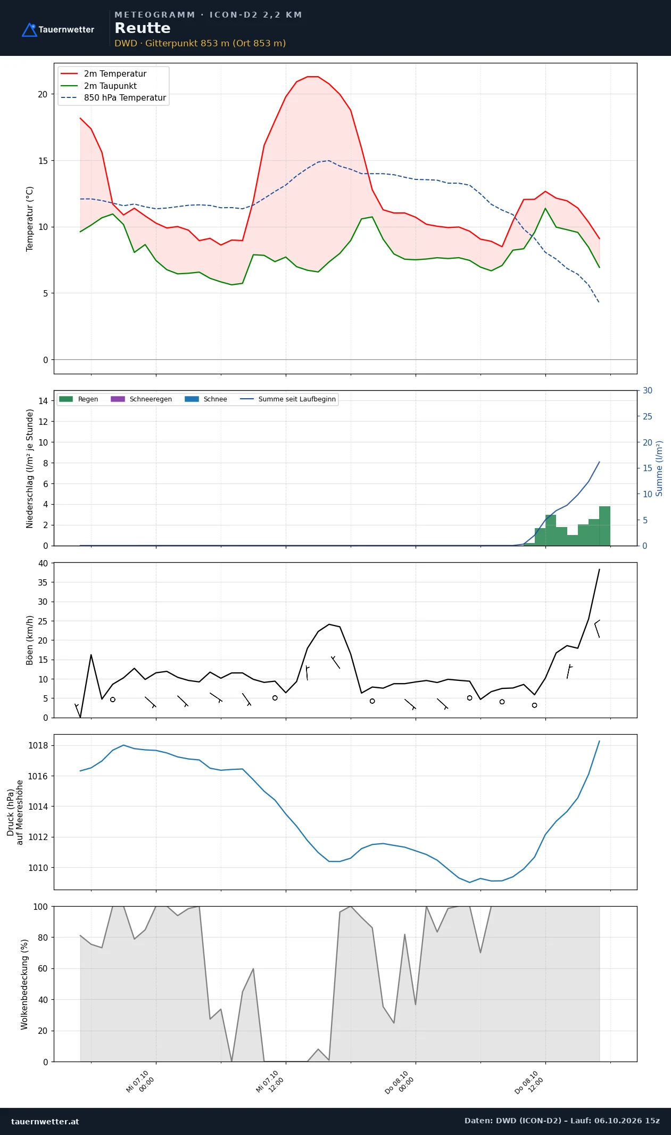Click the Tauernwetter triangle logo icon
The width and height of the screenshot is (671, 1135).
29,30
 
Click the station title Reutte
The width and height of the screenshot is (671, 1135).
143,28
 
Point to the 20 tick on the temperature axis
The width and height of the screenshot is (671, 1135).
43,94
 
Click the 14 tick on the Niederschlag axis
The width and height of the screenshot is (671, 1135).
43,401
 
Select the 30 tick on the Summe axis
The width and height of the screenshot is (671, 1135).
648,391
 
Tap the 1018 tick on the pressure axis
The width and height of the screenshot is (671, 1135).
38,745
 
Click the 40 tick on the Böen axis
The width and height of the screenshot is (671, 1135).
43,563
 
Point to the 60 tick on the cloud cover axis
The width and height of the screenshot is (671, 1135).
43,968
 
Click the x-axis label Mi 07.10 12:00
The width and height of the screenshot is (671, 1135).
270,1082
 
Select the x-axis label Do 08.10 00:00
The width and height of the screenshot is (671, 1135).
399,1082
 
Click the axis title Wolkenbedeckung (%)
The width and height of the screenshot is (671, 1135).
24,984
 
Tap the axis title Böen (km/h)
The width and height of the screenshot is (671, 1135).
30,640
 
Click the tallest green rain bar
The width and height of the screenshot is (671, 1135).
604,526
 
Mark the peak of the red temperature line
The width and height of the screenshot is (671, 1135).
313,77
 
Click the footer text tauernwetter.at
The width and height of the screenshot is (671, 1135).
45,1121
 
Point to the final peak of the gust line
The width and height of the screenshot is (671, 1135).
599,569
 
